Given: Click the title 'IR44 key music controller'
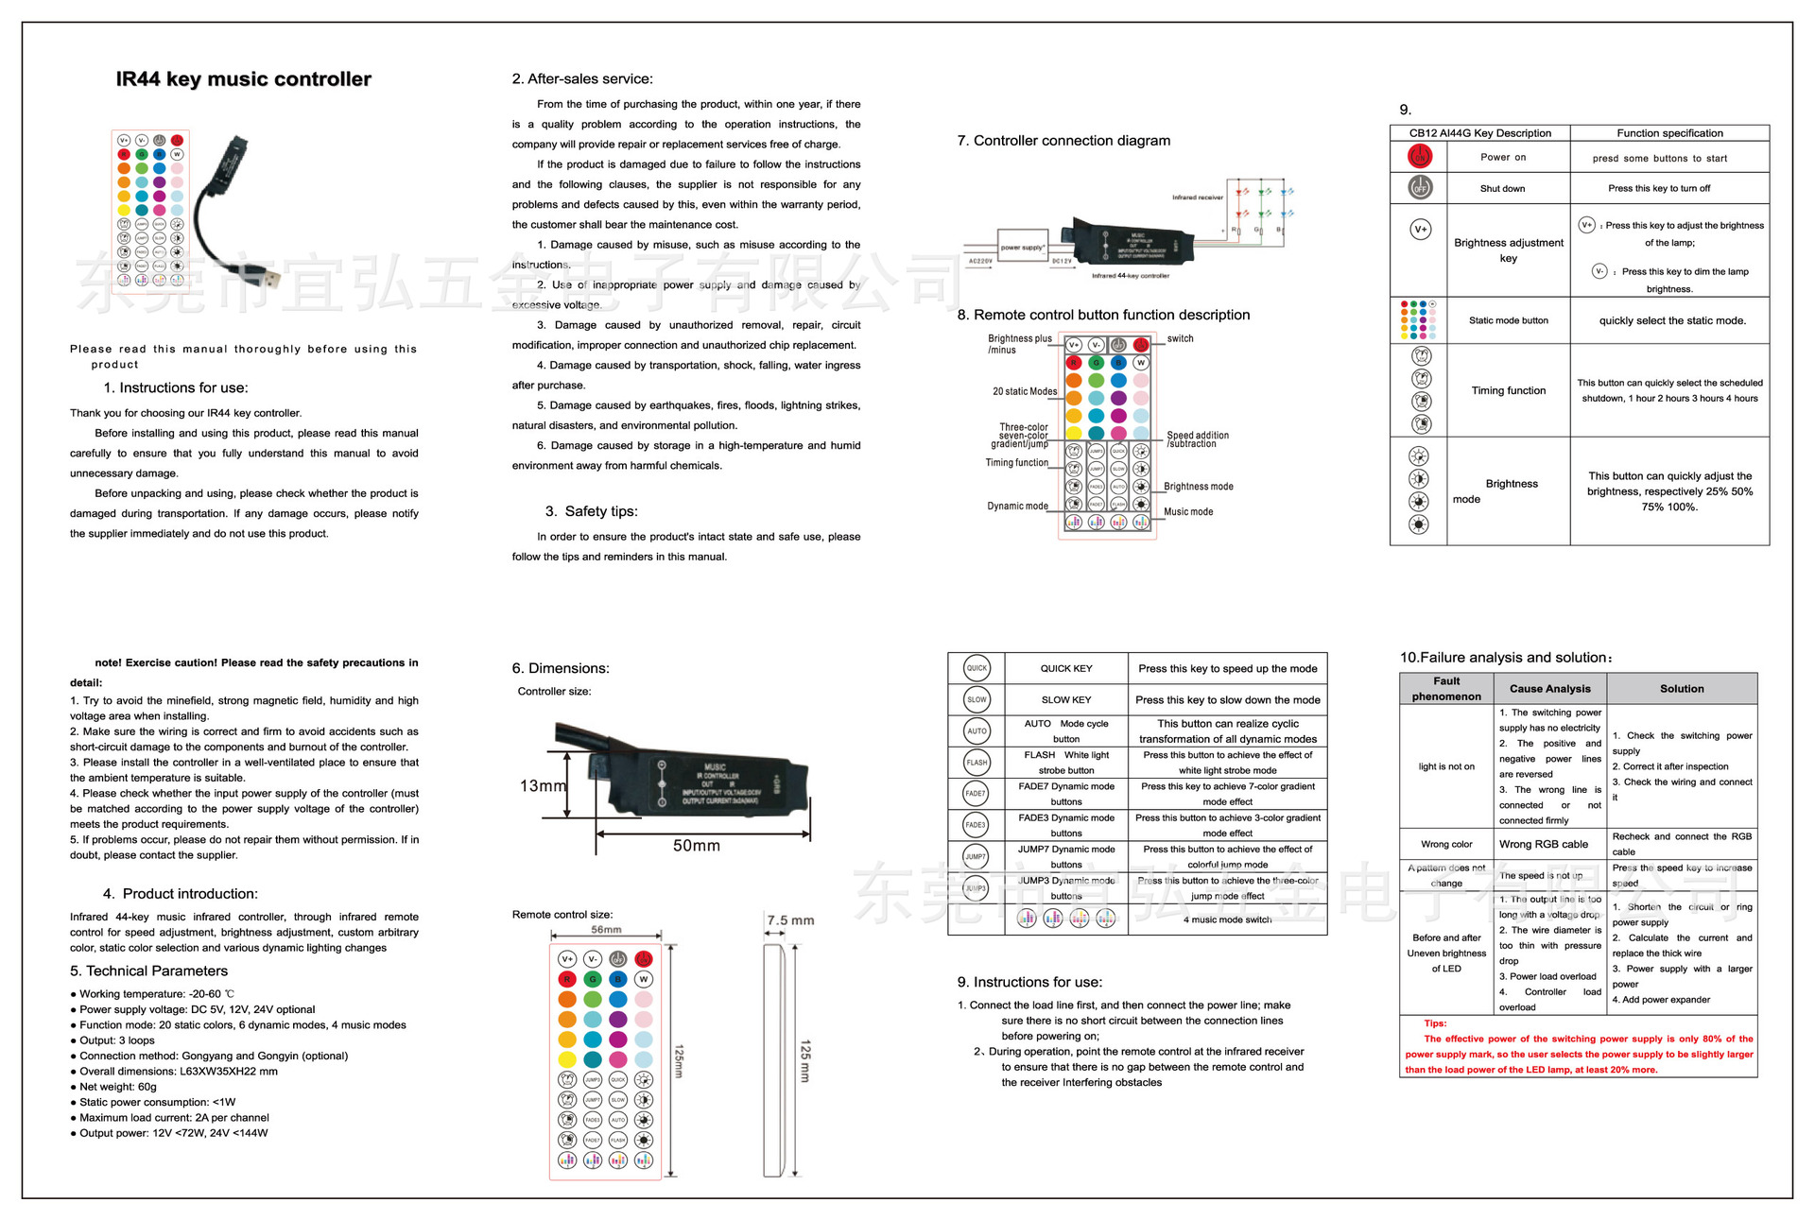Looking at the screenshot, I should coord(243,79).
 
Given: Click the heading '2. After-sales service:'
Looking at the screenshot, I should coord(582,79).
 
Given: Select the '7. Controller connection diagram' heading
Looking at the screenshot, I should coord(1063,141).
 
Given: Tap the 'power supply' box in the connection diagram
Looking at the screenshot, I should coord(1022,248).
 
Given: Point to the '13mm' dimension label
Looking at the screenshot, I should coord(543,786).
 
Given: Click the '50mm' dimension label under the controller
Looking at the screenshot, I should coord(696,846).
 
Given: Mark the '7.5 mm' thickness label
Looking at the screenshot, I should coord(790,920).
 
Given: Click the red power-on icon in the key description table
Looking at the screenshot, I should coord(1420,157).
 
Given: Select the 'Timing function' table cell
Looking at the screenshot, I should coord(1508,390).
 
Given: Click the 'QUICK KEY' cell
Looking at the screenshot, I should coord(1065,668).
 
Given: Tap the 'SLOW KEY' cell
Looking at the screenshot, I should coord(1065,700).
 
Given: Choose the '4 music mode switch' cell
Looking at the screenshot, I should coord(1227,919).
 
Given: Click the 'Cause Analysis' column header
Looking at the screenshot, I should coord(1549,689).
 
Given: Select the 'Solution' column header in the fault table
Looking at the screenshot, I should coord(1682,689).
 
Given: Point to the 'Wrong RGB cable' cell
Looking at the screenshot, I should coord(1543,844).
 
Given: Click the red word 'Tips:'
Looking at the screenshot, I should coord(1435,1023).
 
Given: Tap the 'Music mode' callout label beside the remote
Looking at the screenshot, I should coord(1188,512).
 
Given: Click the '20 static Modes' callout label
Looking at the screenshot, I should coord(1025,391).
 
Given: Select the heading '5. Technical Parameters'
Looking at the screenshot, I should coord(148,971).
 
